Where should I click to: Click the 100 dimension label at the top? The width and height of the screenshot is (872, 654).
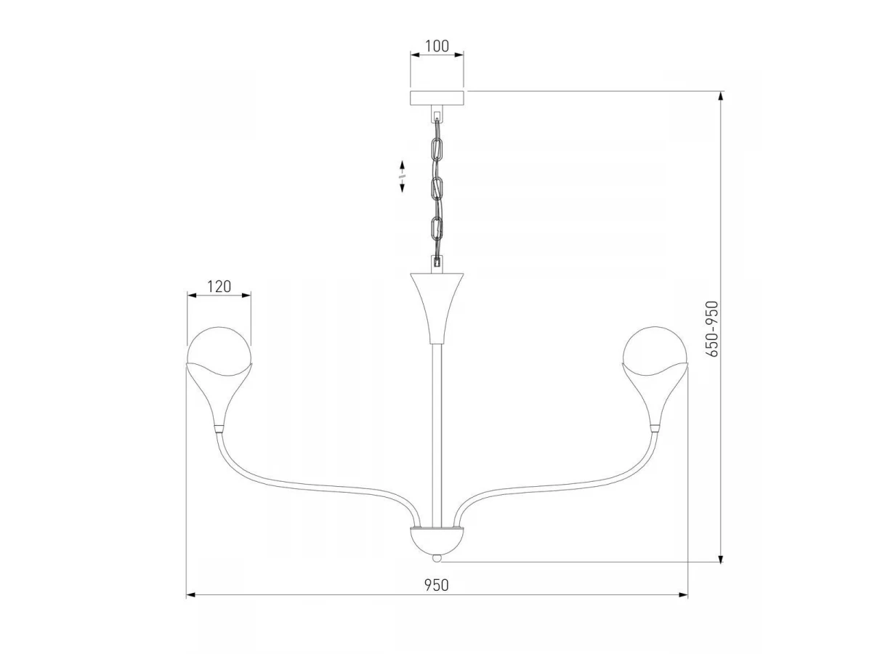(x=437, y=46)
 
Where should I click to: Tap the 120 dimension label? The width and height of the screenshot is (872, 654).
(x=219, y=286)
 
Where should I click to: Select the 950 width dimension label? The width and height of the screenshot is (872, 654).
(x=436, y=585)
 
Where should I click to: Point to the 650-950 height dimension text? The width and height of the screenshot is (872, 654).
(x=712, y=328)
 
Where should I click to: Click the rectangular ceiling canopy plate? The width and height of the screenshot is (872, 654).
(x=437, y=97)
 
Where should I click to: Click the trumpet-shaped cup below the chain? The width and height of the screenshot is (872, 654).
(x=437, y=307)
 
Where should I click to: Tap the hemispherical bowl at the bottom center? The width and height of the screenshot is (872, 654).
(x=437, y=541)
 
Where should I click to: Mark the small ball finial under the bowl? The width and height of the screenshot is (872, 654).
(x=437, y=558)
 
